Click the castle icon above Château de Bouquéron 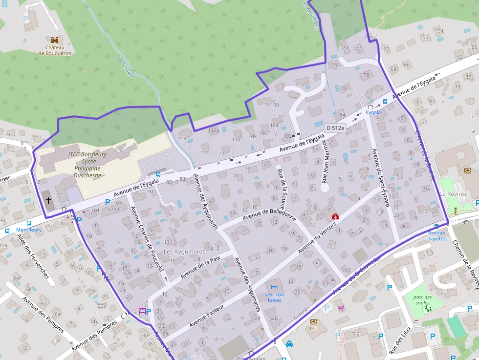tap(55, 40)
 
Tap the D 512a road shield tap(335, 128)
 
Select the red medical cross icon tap(335, 216)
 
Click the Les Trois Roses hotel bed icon tap(274, 286)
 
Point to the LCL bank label tap(314, 328)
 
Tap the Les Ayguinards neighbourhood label tap(184, 252)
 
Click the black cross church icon tap(48, 200)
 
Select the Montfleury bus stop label tap(29, 230)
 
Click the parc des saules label tap(422, 299)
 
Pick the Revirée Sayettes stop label tap(437, 235)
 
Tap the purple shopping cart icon tap(341, 308)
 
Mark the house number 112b tap(214, 130)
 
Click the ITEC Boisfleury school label tap(88, 165)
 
